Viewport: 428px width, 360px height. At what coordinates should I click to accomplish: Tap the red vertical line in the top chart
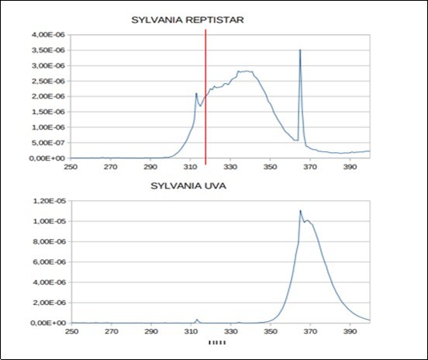(205, 93)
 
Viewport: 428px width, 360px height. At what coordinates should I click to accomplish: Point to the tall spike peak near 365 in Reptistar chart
(299, 50)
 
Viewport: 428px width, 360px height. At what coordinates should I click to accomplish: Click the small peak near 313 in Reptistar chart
(196, 93)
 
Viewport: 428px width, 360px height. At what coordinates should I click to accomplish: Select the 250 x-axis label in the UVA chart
(71, 332)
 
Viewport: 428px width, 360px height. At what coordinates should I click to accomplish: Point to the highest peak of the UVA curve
(300, 210)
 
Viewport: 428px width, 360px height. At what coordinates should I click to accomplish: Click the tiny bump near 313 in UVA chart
(197, 319)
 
